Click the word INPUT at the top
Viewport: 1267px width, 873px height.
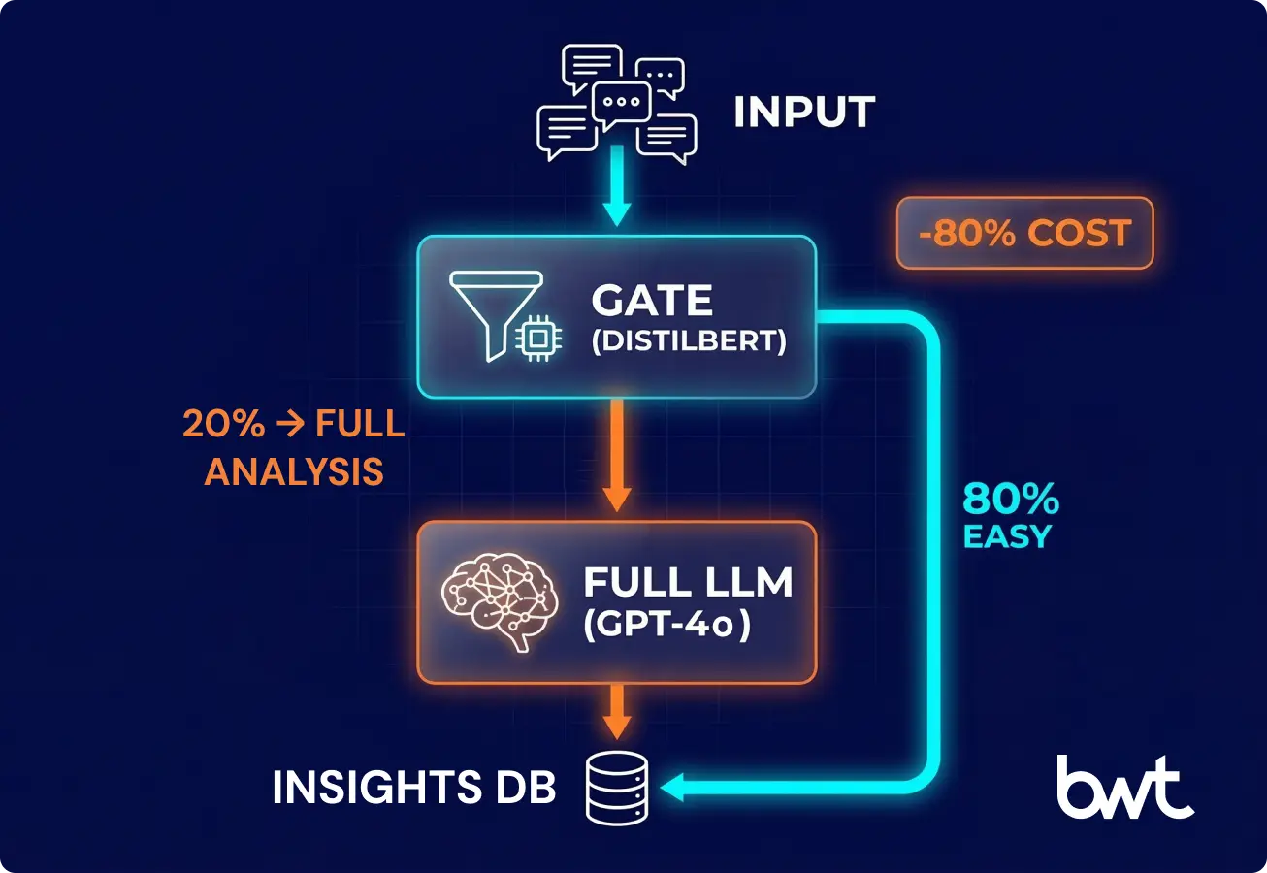(x=804, y=113)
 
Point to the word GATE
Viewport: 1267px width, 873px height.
(x=652, y=301)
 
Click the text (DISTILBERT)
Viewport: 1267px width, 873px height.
(x=688, y=342)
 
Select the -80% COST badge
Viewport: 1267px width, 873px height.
(x=1024, y=233)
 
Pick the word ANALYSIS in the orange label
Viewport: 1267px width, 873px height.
(x=294, y=471)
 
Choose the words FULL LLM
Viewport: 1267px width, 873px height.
(x=688, y=583)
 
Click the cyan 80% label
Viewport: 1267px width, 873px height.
(x=1011, y=501)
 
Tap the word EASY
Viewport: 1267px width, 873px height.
(x=1007, y=536)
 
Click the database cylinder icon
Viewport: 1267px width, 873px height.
(x=617, y=787)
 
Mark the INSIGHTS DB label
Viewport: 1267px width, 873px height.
(x=414, y=789)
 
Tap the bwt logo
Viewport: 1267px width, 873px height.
(x=1125, y=786)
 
